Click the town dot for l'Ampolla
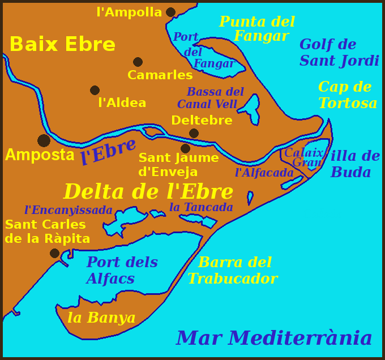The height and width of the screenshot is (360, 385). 170,12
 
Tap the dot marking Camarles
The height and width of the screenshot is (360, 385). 138,62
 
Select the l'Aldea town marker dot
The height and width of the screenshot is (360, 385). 95,90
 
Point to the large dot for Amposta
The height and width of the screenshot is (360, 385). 44,140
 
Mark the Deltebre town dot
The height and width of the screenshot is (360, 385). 194,133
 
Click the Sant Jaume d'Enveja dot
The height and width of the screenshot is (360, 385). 185,148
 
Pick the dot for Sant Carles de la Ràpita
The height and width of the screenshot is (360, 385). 54,253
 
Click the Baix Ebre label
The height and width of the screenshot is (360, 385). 62,44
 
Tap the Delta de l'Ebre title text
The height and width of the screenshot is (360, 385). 148,191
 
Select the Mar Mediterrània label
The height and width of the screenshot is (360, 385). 274,338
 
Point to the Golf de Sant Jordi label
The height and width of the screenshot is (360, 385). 339,53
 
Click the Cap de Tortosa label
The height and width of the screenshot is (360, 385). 347,95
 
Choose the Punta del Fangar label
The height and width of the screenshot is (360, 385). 257,29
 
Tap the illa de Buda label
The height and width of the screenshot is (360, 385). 355,164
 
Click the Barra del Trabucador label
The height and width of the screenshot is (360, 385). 233,271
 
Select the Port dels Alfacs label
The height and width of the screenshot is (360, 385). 122,271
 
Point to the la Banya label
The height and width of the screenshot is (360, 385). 101,318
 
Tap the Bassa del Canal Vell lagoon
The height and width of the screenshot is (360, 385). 252,108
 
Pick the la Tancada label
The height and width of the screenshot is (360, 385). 201,207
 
